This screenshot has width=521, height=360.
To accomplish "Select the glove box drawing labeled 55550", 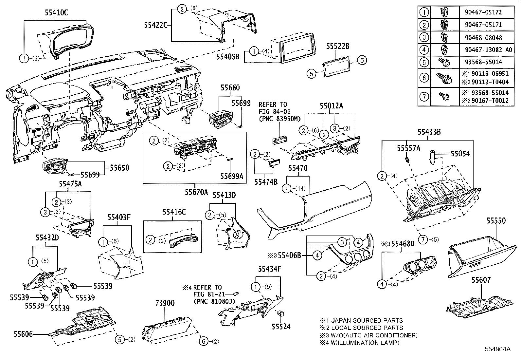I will point(478,257).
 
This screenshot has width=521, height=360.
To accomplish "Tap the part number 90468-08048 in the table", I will point(483,37).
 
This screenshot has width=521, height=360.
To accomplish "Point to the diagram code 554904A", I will point(498,349).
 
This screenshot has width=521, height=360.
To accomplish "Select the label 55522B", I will point(337,47).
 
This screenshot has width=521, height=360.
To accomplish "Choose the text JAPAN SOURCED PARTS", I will point(367,320).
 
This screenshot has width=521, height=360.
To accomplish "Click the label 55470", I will point(298,168).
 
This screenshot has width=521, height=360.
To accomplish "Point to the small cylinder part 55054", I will point(432,157).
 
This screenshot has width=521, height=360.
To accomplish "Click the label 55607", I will point(481,280).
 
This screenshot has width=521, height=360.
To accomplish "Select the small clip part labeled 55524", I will point(280,313).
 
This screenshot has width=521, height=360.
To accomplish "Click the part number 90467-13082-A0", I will point(488,50).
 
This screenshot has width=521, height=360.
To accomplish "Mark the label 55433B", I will point(429,132).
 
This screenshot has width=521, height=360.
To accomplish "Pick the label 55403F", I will point(119,217).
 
